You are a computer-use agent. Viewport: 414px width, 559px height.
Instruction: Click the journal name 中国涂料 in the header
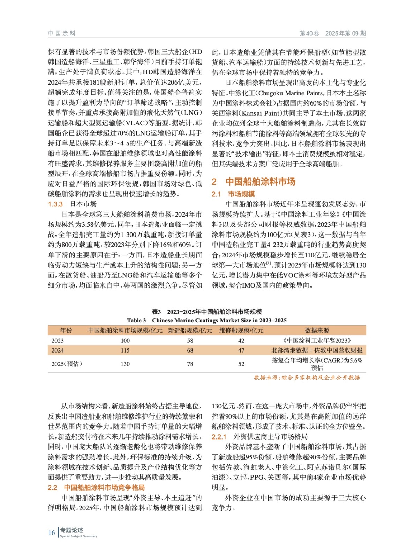pos(62,34)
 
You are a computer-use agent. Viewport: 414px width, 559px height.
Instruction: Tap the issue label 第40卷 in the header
pos(309,34)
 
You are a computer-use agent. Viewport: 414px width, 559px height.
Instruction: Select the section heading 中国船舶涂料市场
pos(260,181)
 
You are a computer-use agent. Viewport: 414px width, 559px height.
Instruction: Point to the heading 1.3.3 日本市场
pos(72,204)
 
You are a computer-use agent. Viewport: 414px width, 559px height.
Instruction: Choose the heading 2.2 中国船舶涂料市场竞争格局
pos(96,487)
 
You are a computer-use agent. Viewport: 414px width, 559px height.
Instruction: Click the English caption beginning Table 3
pos(207,320)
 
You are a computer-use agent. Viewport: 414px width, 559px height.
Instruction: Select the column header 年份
pos(66,331)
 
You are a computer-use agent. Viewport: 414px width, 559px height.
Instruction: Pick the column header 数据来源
pos(317,331)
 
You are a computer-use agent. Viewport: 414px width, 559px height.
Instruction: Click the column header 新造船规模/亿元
pos(190,331)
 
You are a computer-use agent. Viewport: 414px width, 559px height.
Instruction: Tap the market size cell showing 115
pos(125,350)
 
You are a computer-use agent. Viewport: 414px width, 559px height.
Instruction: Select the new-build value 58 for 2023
pos(190,341)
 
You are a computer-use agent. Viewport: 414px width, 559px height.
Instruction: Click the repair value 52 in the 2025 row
pos(241,364)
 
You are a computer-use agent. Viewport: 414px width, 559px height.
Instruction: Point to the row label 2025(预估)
pos(67,364)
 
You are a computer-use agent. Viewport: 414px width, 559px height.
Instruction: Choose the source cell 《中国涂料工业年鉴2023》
pos(317,341)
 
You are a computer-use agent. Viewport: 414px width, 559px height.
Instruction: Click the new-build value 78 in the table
pos(190,364)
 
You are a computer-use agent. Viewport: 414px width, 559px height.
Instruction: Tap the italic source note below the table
pos(307,378)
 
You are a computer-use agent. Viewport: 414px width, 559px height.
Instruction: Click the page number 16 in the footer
pos(52,533)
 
